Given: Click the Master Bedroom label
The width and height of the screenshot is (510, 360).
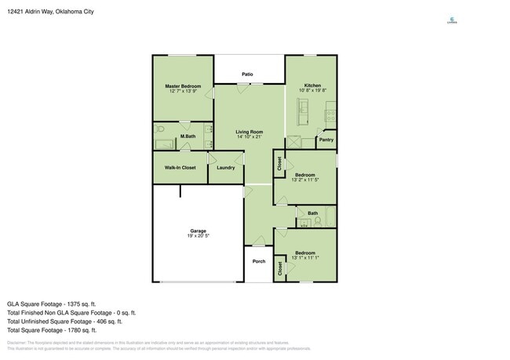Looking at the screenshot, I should pos(183,85).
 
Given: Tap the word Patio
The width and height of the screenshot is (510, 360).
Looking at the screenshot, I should pos(247,75).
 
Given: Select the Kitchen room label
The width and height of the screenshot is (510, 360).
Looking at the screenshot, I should pos(312,85).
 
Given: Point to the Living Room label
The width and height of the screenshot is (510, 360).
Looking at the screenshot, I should pos(250,132).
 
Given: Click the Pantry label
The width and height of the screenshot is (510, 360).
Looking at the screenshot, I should pos(326,141).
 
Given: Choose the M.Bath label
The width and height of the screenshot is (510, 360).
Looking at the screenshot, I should pos(188,136).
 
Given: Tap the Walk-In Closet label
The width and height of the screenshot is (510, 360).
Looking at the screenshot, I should pos(180,167).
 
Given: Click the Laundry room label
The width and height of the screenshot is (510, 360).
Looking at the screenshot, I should pos(225,167).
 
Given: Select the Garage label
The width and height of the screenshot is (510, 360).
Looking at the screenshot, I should pos(197,231).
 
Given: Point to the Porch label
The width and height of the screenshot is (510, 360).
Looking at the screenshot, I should pos(259,261).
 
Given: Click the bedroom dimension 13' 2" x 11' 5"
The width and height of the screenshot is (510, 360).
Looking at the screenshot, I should pos(304,180).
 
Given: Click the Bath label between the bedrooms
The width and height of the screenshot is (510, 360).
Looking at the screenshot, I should pos(312,213).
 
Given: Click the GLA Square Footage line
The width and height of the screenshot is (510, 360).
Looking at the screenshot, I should pos(52,303).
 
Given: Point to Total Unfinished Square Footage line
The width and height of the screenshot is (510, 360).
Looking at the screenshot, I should pos(64,321).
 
